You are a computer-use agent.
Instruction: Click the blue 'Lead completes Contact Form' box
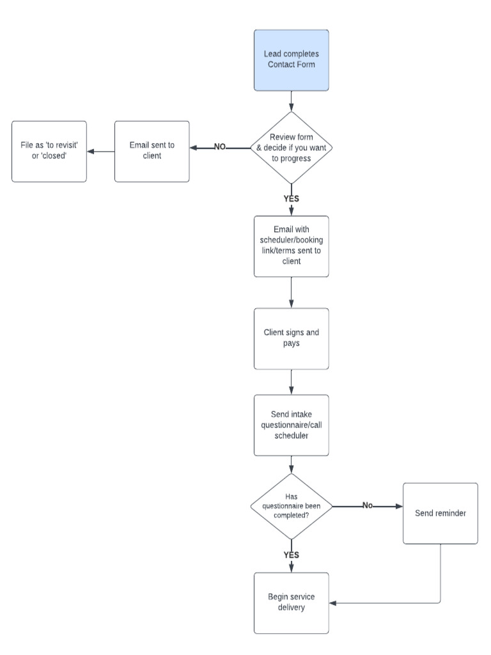click(292, 59)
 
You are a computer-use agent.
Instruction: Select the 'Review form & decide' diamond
click(292, 148)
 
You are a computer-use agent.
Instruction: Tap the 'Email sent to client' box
click(152, 152)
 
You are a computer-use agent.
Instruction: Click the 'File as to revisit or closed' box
click(49, 152)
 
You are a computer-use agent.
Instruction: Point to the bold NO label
click(220, 147)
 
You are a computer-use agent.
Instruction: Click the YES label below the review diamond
click(292, 198)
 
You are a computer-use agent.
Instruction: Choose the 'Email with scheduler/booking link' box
click(292, 246)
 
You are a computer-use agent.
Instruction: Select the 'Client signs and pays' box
click(292, 338)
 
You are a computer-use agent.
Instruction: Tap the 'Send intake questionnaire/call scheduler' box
click(292, 425)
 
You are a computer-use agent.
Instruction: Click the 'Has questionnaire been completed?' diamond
click(292, 506)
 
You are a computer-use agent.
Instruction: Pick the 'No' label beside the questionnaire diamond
click(368, 505)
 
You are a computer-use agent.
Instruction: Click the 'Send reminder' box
click(440, 514)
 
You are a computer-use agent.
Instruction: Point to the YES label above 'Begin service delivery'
click(292, 555)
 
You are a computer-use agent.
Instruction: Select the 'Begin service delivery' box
click(292, 603)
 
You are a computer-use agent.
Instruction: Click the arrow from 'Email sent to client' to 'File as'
click(100, 152)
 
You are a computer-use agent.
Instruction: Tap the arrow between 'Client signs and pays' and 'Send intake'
click(292, 382)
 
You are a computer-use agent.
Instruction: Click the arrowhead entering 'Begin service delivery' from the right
click(334, 603)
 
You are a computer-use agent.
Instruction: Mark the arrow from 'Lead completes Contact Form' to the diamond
click(292, 100)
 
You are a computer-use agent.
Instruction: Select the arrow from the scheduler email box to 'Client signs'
click(292, 292)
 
